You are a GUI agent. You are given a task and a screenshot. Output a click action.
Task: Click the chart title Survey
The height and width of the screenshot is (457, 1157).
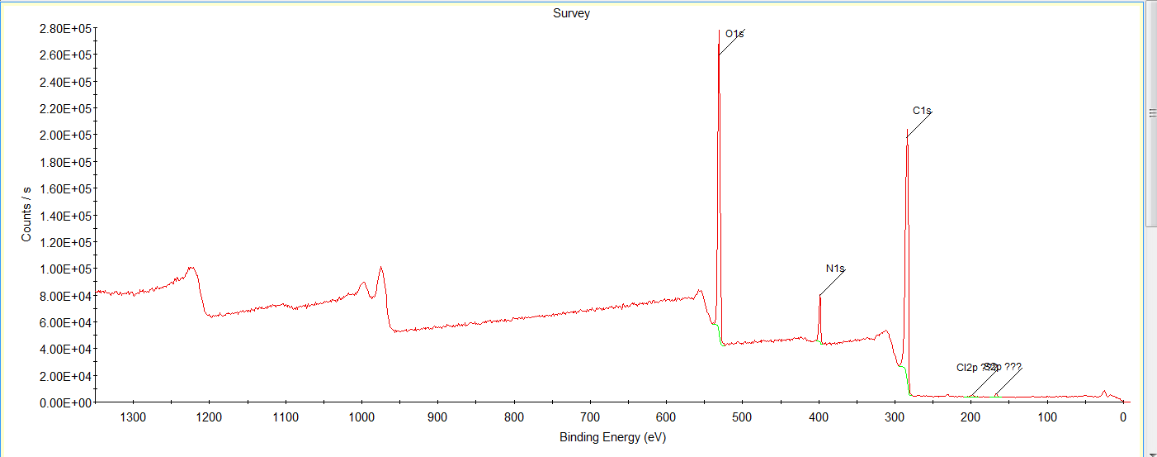(571, 13)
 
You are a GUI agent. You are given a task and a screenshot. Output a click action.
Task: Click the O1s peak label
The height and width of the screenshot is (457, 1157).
(734, 34)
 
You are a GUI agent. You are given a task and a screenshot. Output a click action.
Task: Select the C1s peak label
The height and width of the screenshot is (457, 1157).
(922, 111)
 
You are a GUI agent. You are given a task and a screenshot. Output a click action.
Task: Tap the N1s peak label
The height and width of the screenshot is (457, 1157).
(835, 269)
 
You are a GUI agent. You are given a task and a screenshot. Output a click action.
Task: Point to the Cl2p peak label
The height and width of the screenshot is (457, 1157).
(967, 367)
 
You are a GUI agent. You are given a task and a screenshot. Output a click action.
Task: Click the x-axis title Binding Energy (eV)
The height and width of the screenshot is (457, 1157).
(612, 437)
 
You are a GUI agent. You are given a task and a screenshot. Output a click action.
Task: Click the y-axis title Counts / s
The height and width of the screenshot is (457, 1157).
(27, 215)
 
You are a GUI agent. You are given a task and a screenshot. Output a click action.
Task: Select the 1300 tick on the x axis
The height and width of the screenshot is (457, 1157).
(133, 417)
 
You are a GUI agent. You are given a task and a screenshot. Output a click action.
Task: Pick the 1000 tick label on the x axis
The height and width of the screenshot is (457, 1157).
(361, 417)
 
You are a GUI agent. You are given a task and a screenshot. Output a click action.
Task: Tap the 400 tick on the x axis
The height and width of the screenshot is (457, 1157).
(819, 417)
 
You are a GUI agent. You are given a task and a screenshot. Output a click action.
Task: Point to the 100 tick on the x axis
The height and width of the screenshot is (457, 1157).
(1047, 417)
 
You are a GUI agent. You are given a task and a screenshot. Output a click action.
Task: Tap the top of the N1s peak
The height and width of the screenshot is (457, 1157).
(820, 296)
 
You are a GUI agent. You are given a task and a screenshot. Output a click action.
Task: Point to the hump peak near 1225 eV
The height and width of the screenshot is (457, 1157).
(191, 268)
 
